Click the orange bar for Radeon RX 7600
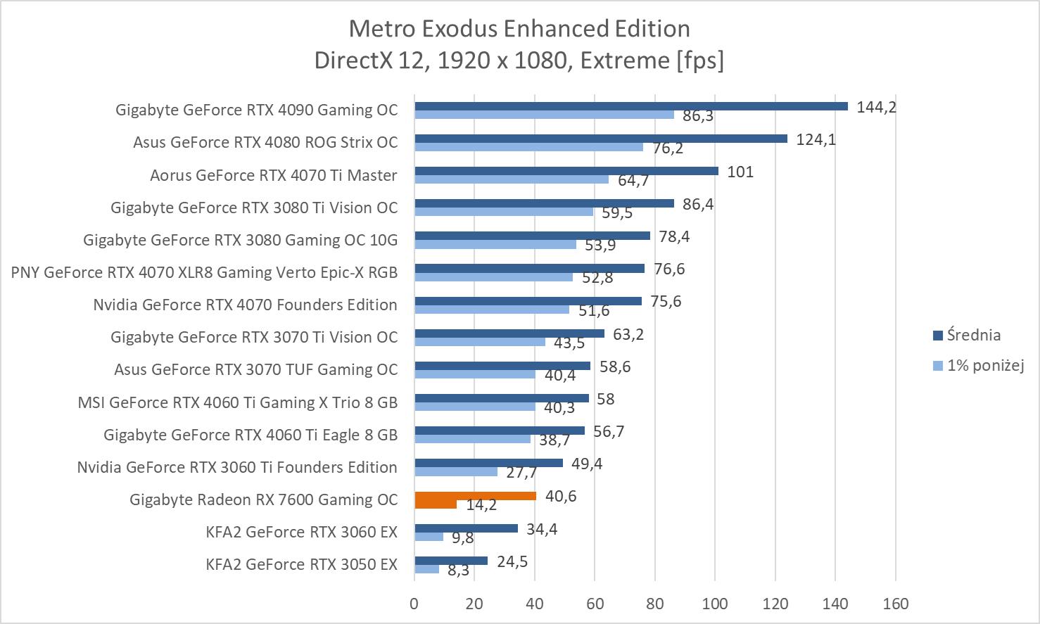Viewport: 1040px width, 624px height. (x=475, y=496)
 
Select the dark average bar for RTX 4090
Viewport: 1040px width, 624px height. (x=630, y=106)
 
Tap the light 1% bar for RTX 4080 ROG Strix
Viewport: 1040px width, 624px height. (x=528, y=147)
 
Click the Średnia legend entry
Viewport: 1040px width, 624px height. (x=973, y=335)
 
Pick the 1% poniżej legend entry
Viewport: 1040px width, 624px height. (x=984, y=365)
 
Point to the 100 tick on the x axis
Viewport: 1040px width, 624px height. (x=715, y=604)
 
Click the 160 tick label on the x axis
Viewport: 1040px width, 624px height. (x=895, y=604)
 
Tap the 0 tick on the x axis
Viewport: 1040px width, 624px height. (x=414, y=604)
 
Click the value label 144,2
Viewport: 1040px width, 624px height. (x=876, y=107)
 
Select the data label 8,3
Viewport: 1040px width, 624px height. (x=458, y=571)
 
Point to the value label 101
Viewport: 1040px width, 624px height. (x=740, y=172)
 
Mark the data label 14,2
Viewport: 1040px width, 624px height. (x=481, y=506)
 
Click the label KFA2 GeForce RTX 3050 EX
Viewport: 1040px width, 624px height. (x=301, y=564)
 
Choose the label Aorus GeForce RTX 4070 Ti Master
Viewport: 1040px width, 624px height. (x=273, y=175)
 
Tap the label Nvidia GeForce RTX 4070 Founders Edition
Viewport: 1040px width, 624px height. (x=245, y=305)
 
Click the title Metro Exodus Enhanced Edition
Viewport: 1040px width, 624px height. (x=519, y=29)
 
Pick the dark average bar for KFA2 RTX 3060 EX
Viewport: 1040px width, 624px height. (x=466, y=528)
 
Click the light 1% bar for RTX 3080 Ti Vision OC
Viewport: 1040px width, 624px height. (x=504, y=212)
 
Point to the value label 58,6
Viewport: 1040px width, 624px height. (x=615, y=367)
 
